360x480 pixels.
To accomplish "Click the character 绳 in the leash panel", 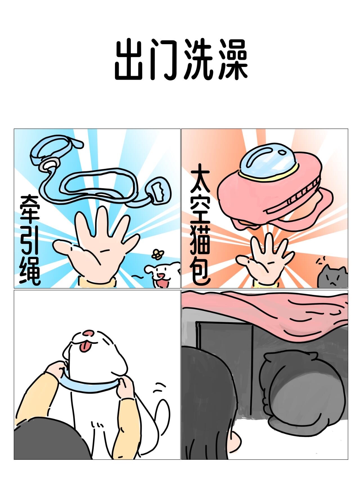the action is (30, 272).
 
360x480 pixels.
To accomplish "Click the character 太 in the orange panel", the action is (200, 177).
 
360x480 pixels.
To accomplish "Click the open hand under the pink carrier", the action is (263, 257).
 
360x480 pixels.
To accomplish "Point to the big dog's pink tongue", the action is (85, 347).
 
